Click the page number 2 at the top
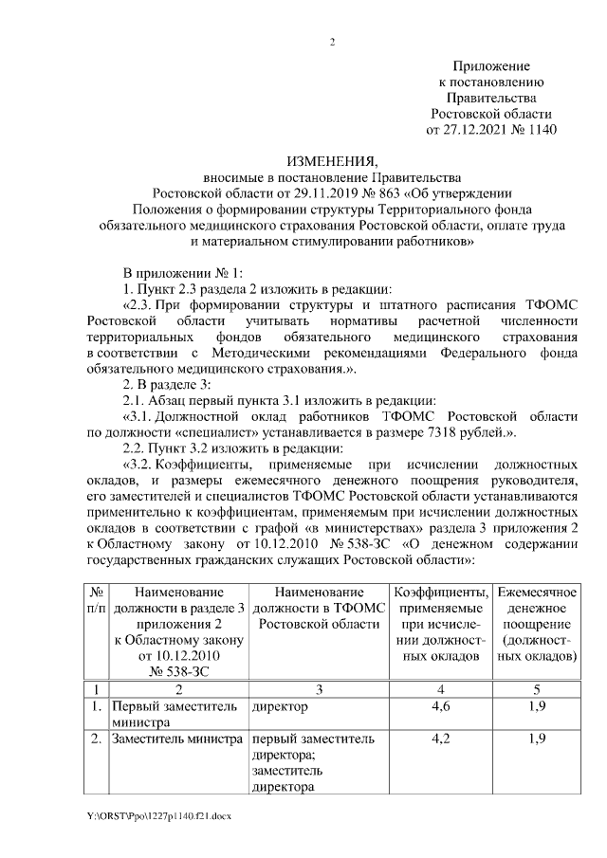click(x=332, y=41)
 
